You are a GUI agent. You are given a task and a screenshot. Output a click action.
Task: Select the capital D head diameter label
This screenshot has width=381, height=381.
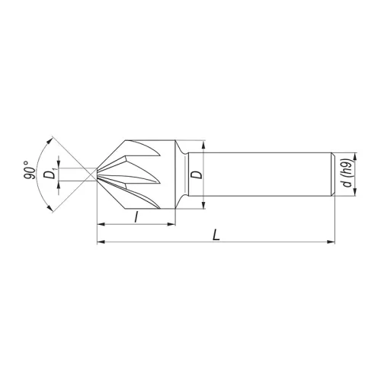[x=197, y=174]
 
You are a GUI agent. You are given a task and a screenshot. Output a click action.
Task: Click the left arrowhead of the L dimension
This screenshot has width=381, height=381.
[x=101, y=243]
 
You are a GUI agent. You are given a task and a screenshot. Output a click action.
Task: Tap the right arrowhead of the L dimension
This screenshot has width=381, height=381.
[x=331, y=243]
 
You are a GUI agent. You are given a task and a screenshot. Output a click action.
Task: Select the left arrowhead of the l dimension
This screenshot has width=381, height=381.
[x=101, y=225]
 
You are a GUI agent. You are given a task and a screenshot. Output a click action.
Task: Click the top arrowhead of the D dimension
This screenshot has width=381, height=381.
[x=204, y=144]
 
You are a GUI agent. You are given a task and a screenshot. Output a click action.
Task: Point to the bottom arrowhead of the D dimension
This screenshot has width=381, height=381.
[x=204, y=203]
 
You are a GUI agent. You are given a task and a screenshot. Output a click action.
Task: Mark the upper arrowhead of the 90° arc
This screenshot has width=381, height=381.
[x=52, y=140]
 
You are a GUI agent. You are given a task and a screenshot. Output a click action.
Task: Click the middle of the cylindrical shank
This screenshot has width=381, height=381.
[x=259, y=174]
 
